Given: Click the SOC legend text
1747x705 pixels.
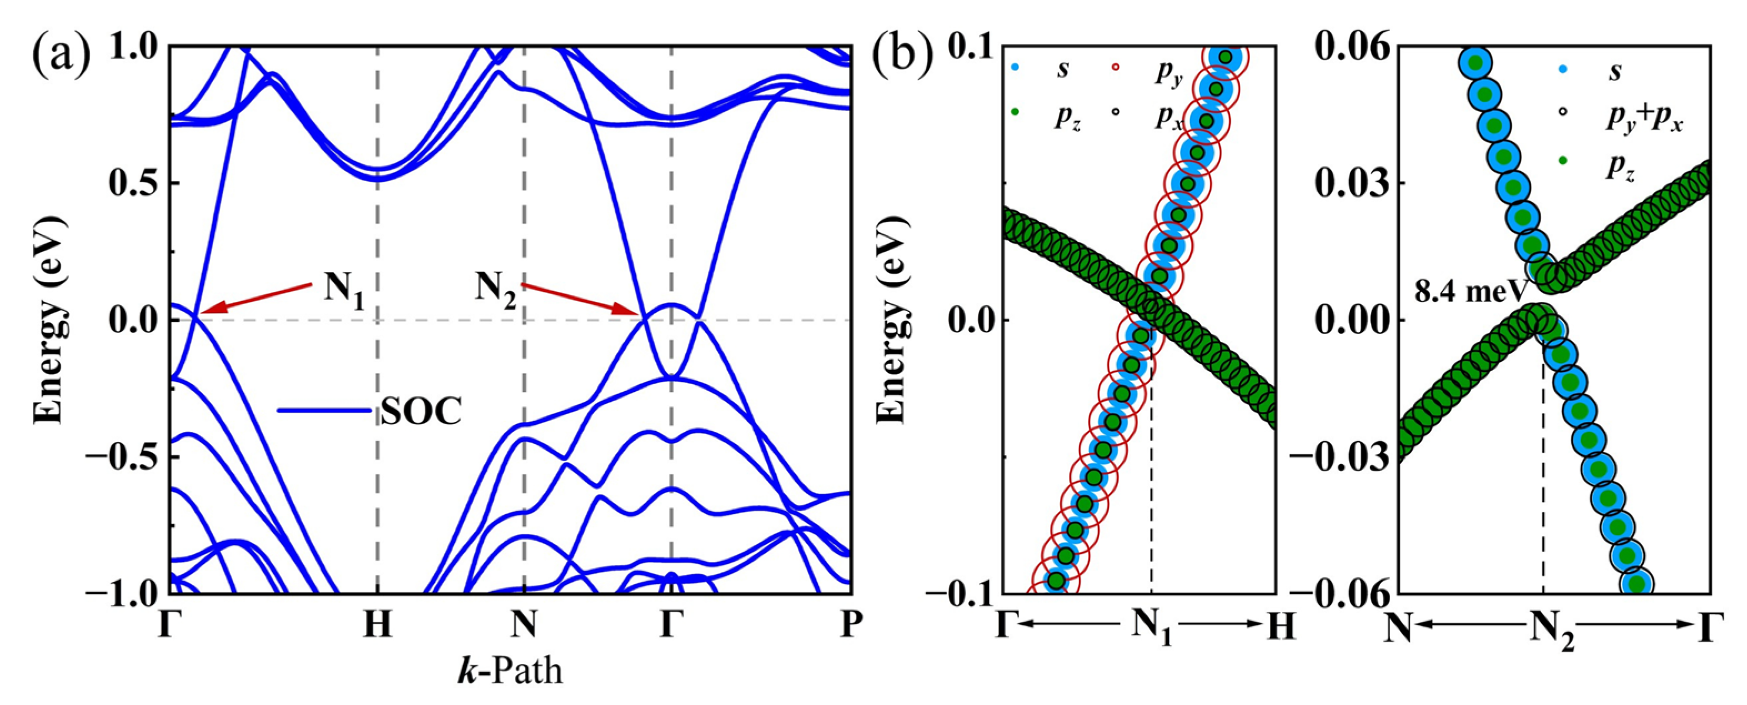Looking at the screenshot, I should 420,411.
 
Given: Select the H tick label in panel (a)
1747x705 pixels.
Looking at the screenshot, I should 377,625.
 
